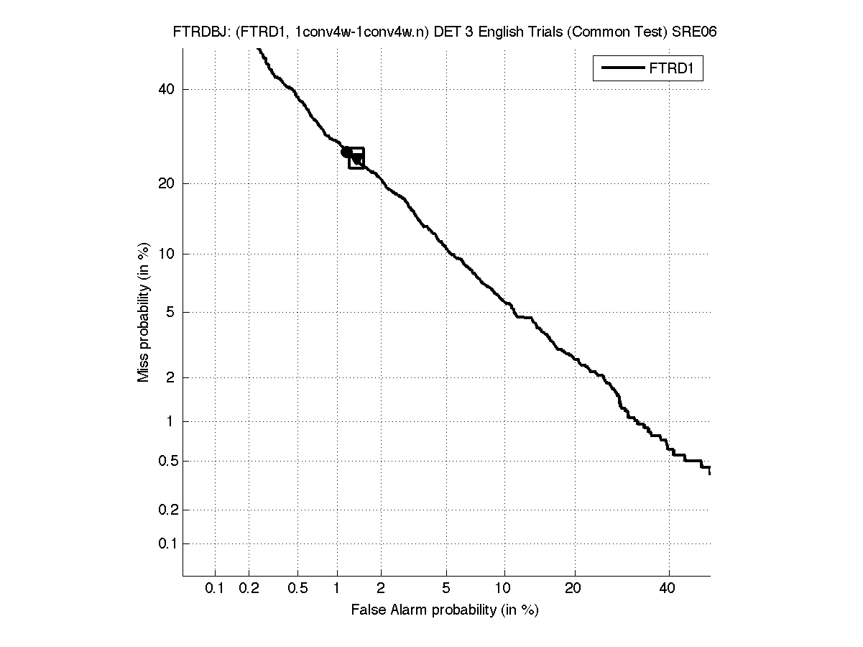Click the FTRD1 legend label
point(675,69)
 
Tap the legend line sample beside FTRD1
point(622,68)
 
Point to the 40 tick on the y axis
point(167,90)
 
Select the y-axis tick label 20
point(167,184)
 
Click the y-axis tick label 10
point(167,254)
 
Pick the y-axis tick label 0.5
point(165,461)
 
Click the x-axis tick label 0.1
point(215,589)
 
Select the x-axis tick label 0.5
point(297,589)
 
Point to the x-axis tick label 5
point(446,589)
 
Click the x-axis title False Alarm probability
point(445,610)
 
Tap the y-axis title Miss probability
point(144,313)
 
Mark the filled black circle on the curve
point(346,152)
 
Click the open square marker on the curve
point(356,158)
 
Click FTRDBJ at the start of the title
point(195,32)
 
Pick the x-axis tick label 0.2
point(249,589)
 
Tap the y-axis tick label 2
point(171,378)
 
